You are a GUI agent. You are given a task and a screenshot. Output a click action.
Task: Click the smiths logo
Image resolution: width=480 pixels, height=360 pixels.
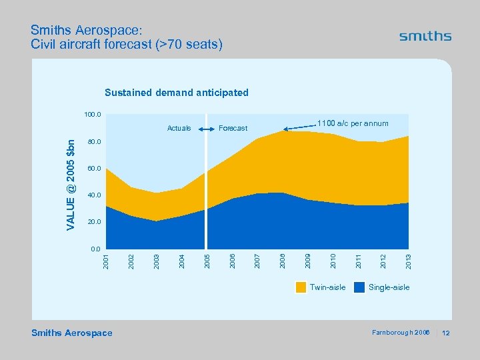[x=425, y=37]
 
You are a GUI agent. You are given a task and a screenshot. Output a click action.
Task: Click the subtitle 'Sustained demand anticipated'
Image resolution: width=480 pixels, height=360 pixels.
[x=176, y=93]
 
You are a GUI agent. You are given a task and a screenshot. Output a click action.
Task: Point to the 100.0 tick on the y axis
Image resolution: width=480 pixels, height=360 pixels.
[x=92, y=115]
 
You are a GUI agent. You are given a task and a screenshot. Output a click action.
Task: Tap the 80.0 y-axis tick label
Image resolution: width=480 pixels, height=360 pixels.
[x=93, y=142]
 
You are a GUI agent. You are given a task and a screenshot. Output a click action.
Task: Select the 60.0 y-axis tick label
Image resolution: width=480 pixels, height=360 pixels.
[x=93, y=169]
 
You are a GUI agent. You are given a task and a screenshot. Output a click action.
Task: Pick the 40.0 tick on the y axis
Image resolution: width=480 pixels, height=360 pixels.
[x=93, y=195]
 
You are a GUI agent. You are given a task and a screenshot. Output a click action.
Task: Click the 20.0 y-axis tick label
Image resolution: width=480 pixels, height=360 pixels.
[x=93, y=221]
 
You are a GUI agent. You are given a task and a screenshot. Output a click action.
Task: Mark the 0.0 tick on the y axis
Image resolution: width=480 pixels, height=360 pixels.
[x=95, y=248]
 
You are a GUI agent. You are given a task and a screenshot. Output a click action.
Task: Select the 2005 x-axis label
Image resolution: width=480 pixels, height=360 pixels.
[x=207, y=261]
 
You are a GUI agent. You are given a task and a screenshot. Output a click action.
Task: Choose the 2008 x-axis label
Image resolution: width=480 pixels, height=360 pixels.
[x=282, y=261]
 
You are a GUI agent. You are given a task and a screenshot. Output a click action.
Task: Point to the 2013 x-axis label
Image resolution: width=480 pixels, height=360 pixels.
[x=408, y=261]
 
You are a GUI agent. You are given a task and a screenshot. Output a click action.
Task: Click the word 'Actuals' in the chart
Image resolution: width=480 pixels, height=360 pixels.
[x=179, y=128]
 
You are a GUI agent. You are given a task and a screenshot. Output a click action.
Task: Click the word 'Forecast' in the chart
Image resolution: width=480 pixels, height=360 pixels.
[x=233, y=128]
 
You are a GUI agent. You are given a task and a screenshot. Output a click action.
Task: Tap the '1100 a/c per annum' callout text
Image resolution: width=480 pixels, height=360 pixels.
[x=353, y=123]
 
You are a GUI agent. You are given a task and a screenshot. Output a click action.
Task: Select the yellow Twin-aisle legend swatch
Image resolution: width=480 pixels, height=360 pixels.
[x=301, y=287]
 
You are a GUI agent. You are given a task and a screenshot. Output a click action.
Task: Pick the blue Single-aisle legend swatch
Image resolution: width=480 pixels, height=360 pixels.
[x=359, y=287]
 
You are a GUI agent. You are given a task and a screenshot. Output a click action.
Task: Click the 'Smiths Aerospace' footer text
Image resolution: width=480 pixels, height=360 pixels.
[x=72, y=333]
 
